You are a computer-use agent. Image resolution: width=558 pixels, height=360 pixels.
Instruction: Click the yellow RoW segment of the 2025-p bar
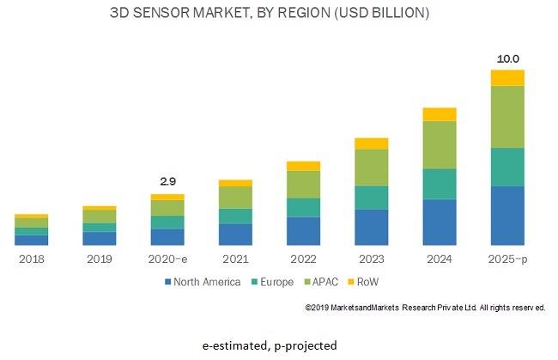pyautogui.click(x=507, y=78)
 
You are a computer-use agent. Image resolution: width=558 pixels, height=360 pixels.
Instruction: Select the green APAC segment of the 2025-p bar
pyautogui.click(x=507, y=117)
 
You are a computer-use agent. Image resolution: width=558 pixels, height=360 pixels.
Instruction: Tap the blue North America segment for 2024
pyautogui.click(x=440, y=222)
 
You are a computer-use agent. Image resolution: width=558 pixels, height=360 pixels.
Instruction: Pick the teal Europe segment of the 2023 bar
pyautogui.click(x=371, y=198)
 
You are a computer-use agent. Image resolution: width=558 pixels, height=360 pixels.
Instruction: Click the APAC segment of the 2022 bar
pyautogui.click(x=303, y=185)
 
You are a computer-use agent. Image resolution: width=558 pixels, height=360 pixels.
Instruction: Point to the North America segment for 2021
pyautogui.click(x=235, y=235)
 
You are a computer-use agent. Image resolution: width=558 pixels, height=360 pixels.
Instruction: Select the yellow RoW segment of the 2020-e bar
pyautogui.click(x=167, y=197)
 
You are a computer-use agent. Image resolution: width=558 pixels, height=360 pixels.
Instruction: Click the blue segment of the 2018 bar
pyautogui.click(x=32, y=240)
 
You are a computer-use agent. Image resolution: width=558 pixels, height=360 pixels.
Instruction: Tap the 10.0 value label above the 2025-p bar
pyautogui.click(x=506, y=58)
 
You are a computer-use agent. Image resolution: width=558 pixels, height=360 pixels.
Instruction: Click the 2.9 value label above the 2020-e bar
pyautogui.click(x=167, y=182)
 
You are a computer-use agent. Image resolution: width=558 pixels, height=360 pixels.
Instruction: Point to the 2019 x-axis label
pyautogui.click(x=100, y=258)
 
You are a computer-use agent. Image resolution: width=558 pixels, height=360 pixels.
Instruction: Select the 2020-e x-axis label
pyautogui.click(x=167, y=258)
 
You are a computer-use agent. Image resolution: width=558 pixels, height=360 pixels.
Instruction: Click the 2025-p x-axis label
pyautogui.click(x=507, y=258)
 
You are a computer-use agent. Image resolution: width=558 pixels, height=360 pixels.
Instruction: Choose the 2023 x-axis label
pyautogui.click(x=371, y=258)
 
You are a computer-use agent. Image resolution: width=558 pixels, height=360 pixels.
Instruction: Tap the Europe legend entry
pyautogui.click(x=270, y=282)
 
